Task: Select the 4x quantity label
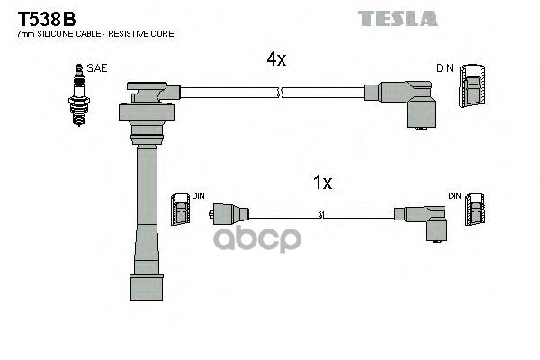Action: (275, 59)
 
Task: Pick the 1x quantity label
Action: (322, 183)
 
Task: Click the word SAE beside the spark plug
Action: (95, 67)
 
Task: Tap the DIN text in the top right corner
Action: (445, 67)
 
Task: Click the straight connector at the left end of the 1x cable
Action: (228, 214)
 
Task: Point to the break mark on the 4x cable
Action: (282, 92)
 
